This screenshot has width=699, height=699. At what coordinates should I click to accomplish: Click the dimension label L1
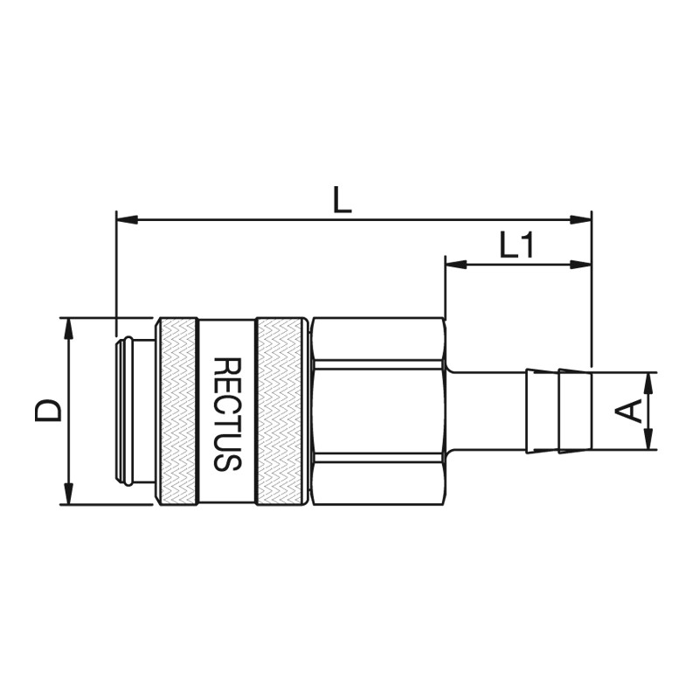point(516,245)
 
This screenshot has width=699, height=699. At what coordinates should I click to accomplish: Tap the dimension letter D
point(48,410)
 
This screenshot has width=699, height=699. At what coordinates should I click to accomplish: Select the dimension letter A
point(627,411)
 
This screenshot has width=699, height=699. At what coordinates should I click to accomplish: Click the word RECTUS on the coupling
point(227,414)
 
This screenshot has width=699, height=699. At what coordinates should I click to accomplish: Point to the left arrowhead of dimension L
point(127,220)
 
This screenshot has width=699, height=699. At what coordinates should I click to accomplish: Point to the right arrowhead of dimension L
point(581,220)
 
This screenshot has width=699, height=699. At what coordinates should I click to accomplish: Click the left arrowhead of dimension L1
point(456,265)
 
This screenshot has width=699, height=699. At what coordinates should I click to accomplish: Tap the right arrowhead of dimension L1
point(581,265)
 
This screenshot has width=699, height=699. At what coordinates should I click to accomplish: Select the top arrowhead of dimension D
point(68,329)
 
